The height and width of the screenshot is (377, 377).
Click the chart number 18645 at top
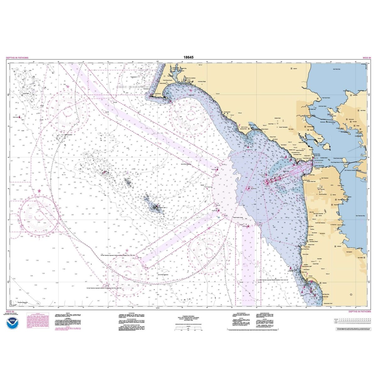pyautogui.click(x=188, y=57)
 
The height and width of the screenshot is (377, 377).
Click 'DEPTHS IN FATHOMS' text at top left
pyautogui.click(x=17, y=58)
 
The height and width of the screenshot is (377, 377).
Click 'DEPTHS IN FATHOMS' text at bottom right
pyautogui.click(x=359, y=312)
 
